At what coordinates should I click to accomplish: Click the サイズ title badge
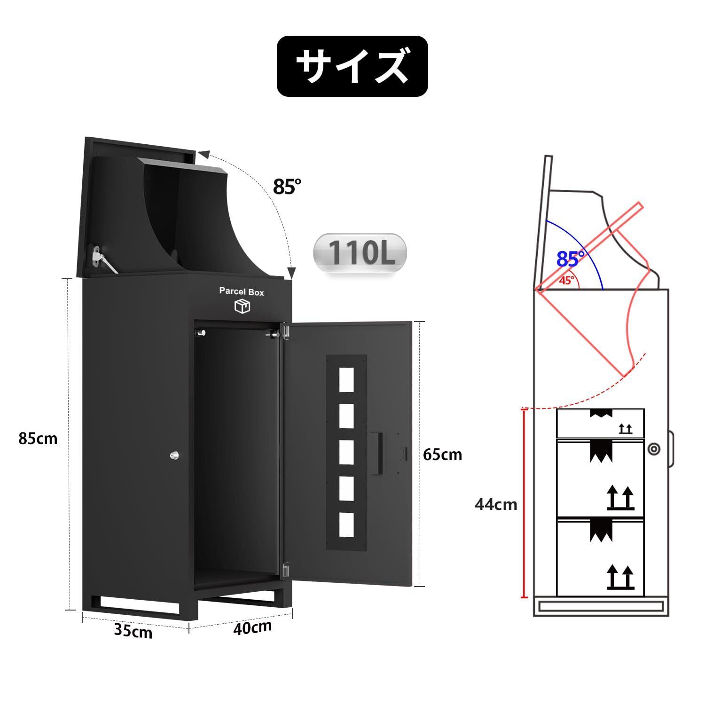click(x=352, y=66)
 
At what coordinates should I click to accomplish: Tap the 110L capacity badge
click(x=360, y=252)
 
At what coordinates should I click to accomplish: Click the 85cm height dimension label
click(x=38, y=439)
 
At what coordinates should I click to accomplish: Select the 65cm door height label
click(x=442, y=454)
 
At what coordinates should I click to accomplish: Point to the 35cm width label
click(x=133, y=631)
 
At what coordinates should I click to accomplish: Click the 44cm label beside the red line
click(x=495, y=504)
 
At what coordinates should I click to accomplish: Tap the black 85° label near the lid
click(x=286, y=187)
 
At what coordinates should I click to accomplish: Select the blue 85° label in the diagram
click(x=571, y=258)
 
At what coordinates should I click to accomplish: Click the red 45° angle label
click(x=567, y=281)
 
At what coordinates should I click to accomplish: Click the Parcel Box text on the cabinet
click(x=242, y=292)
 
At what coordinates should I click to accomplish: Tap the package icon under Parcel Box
click(x=242, y=306)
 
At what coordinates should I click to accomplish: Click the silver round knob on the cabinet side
click(x=174, y=455)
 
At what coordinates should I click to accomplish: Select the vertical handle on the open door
click(x=377, y=453)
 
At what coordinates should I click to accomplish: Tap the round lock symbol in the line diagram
click(x=653, y=448)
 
